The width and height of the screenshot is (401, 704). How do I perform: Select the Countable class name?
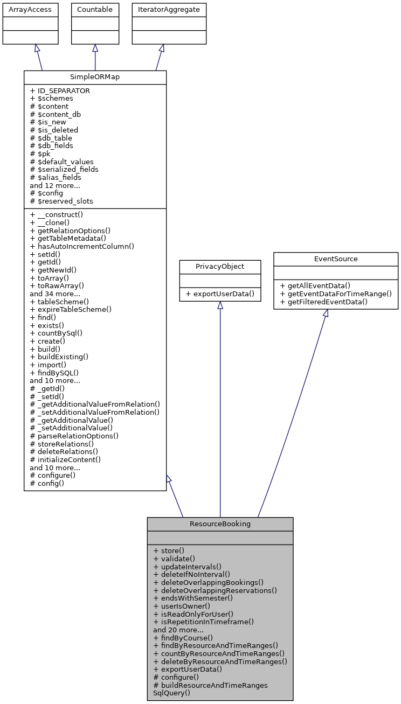[95, 10]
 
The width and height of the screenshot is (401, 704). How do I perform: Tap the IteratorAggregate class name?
[169, 10]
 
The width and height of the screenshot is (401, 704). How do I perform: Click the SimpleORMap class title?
[95, 77]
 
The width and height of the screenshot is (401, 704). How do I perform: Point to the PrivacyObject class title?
[220, 266]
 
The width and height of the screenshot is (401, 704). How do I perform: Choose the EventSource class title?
[335, 259]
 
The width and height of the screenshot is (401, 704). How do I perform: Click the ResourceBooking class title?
[220, 524]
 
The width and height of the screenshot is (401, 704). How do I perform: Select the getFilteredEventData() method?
[324, 302]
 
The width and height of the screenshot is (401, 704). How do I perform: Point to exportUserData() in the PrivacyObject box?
[220, 294]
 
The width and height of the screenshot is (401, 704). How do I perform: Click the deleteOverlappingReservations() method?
[215, 590]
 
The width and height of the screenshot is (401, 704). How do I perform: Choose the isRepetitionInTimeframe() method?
[203, 622]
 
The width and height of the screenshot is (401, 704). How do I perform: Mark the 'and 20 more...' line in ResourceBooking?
[178, 629]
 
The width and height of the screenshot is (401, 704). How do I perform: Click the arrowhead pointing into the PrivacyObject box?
[220, 305]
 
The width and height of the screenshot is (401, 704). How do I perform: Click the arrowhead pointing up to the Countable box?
[95, 48]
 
